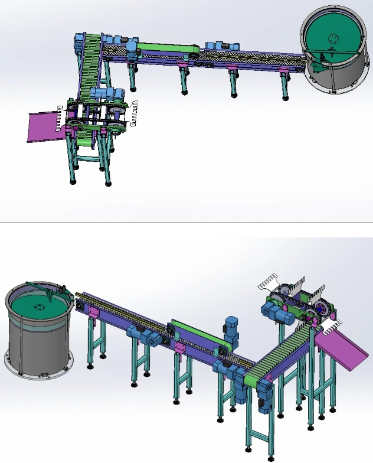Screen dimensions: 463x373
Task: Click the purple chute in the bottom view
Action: tap(346, 351)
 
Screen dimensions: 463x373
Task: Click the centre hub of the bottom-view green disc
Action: tap(40, 307)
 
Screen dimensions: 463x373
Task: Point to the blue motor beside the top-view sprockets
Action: tap(107, 94)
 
